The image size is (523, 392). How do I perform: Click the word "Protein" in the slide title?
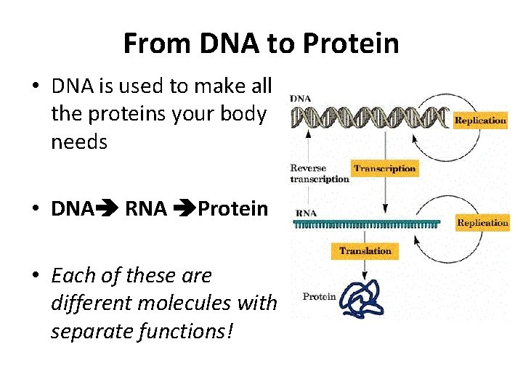351,44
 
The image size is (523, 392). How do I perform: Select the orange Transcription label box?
384,168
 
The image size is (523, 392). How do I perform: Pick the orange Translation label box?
365,251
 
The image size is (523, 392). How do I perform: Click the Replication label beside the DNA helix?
480,121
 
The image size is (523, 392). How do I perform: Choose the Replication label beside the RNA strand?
482,223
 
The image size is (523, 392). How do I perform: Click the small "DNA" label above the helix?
302,98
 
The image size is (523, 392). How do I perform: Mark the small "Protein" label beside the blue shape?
319,296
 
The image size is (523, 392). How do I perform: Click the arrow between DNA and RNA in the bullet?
106,210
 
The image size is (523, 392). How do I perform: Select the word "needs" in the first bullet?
79,142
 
